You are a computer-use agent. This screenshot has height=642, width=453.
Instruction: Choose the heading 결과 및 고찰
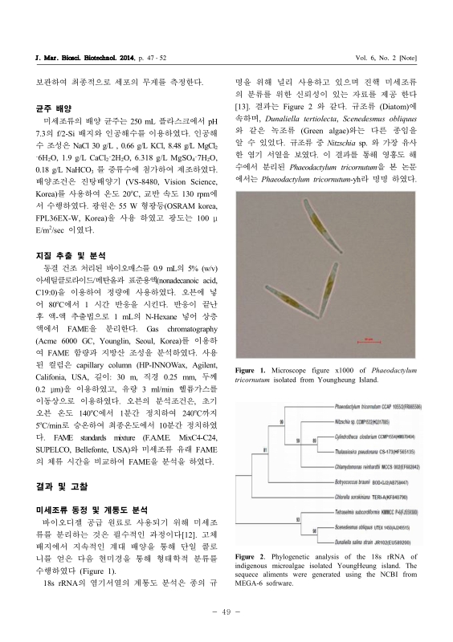point(52,486)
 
